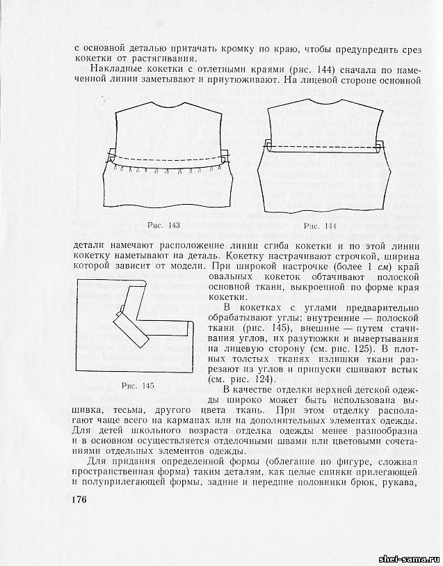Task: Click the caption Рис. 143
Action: click(164, 224)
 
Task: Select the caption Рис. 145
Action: click(138, 385)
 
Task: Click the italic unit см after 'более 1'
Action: click(380, 267)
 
